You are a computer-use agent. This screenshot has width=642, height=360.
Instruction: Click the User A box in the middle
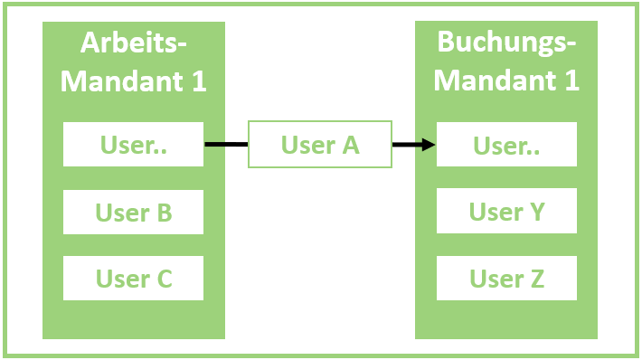(x=320, y=145)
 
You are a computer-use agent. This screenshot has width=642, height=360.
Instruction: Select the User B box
(x=134, y=213)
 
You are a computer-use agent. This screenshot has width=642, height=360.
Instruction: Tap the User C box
(x=134, y=279)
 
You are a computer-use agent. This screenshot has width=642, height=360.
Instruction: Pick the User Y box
(x=506, y=212)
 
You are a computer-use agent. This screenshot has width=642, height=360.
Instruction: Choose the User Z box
(x=506, y=279)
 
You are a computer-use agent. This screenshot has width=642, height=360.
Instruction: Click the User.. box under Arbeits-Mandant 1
(x=134, y=145)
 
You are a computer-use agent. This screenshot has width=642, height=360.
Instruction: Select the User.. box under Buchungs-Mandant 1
(x=506, y=145)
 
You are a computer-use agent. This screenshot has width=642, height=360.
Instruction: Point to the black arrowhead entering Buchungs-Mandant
(x=427, y=145)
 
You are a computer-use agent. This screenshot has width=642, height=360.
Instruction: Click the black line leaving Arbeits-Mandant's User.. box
(x=226, y=144)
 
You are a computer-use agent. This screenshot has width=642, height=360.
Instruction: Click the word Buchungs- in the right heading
(x=506, y=43)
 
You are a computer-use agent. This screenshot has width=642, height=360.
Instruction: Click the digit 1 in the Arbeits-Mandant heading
(x=200, y=81)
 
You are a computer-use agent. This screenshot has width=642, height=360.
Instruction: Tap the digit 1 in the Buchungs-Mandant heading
(x=571, y=81)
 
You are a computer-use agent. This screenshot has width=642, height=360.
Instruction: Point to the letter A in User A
(x=349, y=145)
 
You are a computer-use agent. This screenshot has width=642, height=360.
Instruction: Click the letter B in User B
(x=164, y=213)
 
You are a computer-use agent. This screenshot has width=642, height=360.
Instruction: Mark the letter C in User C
(x=164, y=279)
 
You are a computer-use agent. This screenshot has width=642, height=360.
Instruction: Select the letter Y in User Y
(x=535, y=212)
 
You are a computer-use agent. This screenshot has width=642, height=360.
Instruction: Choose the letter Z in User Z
(x=535, y=279)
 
